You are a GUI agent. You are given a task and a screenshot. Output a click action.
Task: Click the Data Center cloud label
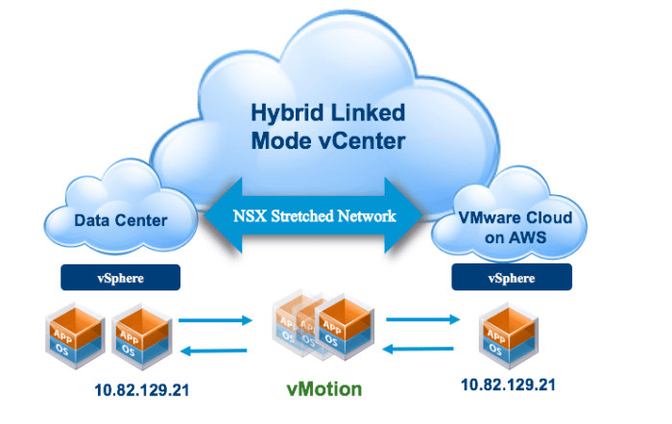120,220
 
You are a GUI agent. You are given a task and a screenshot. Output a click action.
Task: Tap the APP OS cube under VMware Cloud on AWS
505,334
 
